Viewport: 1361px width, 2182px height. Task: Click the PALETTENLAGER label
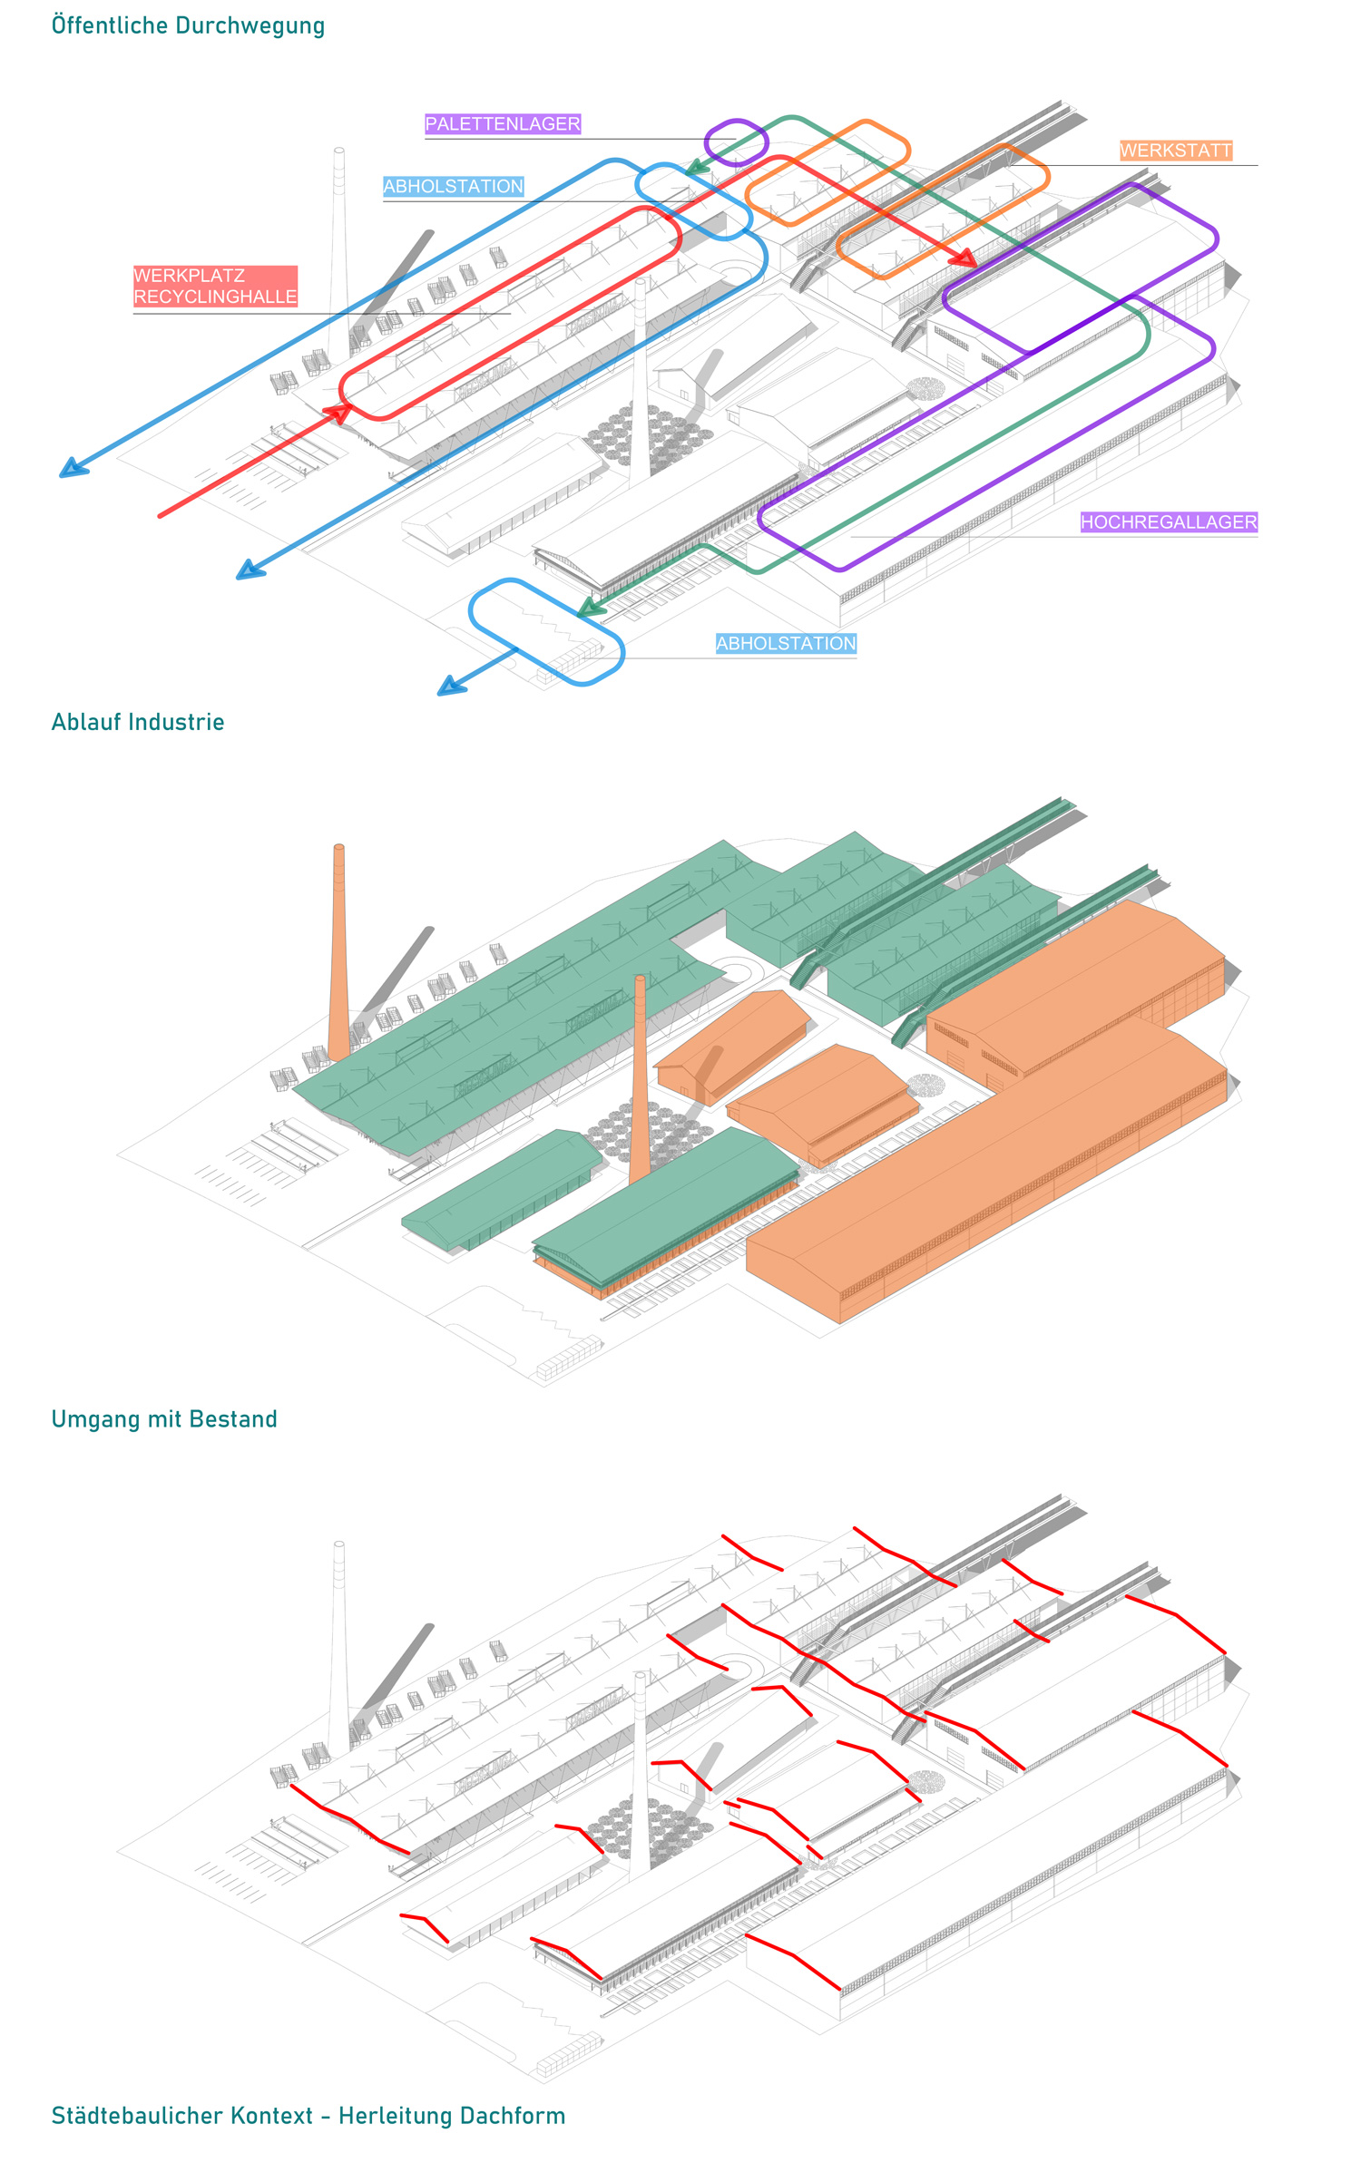pos(503,124)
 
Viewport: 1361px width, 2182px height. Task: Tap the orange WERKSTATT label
pos(1176,151)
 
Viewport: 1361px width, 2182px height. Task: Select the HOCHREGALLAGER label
pos(1169,522)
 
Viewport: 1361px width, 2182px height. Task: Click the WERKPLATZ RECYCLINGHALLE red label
pos(215,287)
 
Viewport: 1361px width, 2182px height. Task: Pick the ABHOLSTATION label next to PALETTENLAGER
pos(453,187)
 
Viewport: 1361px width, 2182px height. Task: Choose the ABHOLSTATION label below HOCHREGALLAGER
pos(786,644)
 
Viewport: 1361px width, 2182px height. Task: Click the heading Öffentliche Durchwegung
pos(188,25)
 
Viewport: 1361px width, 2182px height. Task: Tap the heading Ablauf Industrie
pos(138,722)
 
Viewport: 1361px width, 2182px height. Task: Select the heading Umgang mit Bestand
pos(164,1419)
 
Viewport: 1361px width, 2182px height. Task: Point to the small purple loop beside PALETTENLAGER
pos(736,142)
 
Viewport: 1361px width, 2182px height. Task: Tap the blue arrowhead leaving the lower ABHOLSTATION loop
pos(451,686)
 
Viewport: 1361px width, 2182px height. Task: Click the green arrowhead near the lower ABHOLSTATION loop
pos(591,608)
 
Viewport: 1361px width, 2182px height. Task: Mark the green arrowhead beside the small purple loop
pos(696,167)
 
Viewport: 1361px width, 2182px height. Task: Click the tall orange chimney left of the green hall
pos(338,952)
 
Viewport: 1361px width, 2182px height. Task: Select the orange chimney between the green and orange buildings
pos(640,1079)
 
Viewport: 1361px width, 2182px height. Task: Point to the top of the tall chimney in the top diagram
pos(338,151)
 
